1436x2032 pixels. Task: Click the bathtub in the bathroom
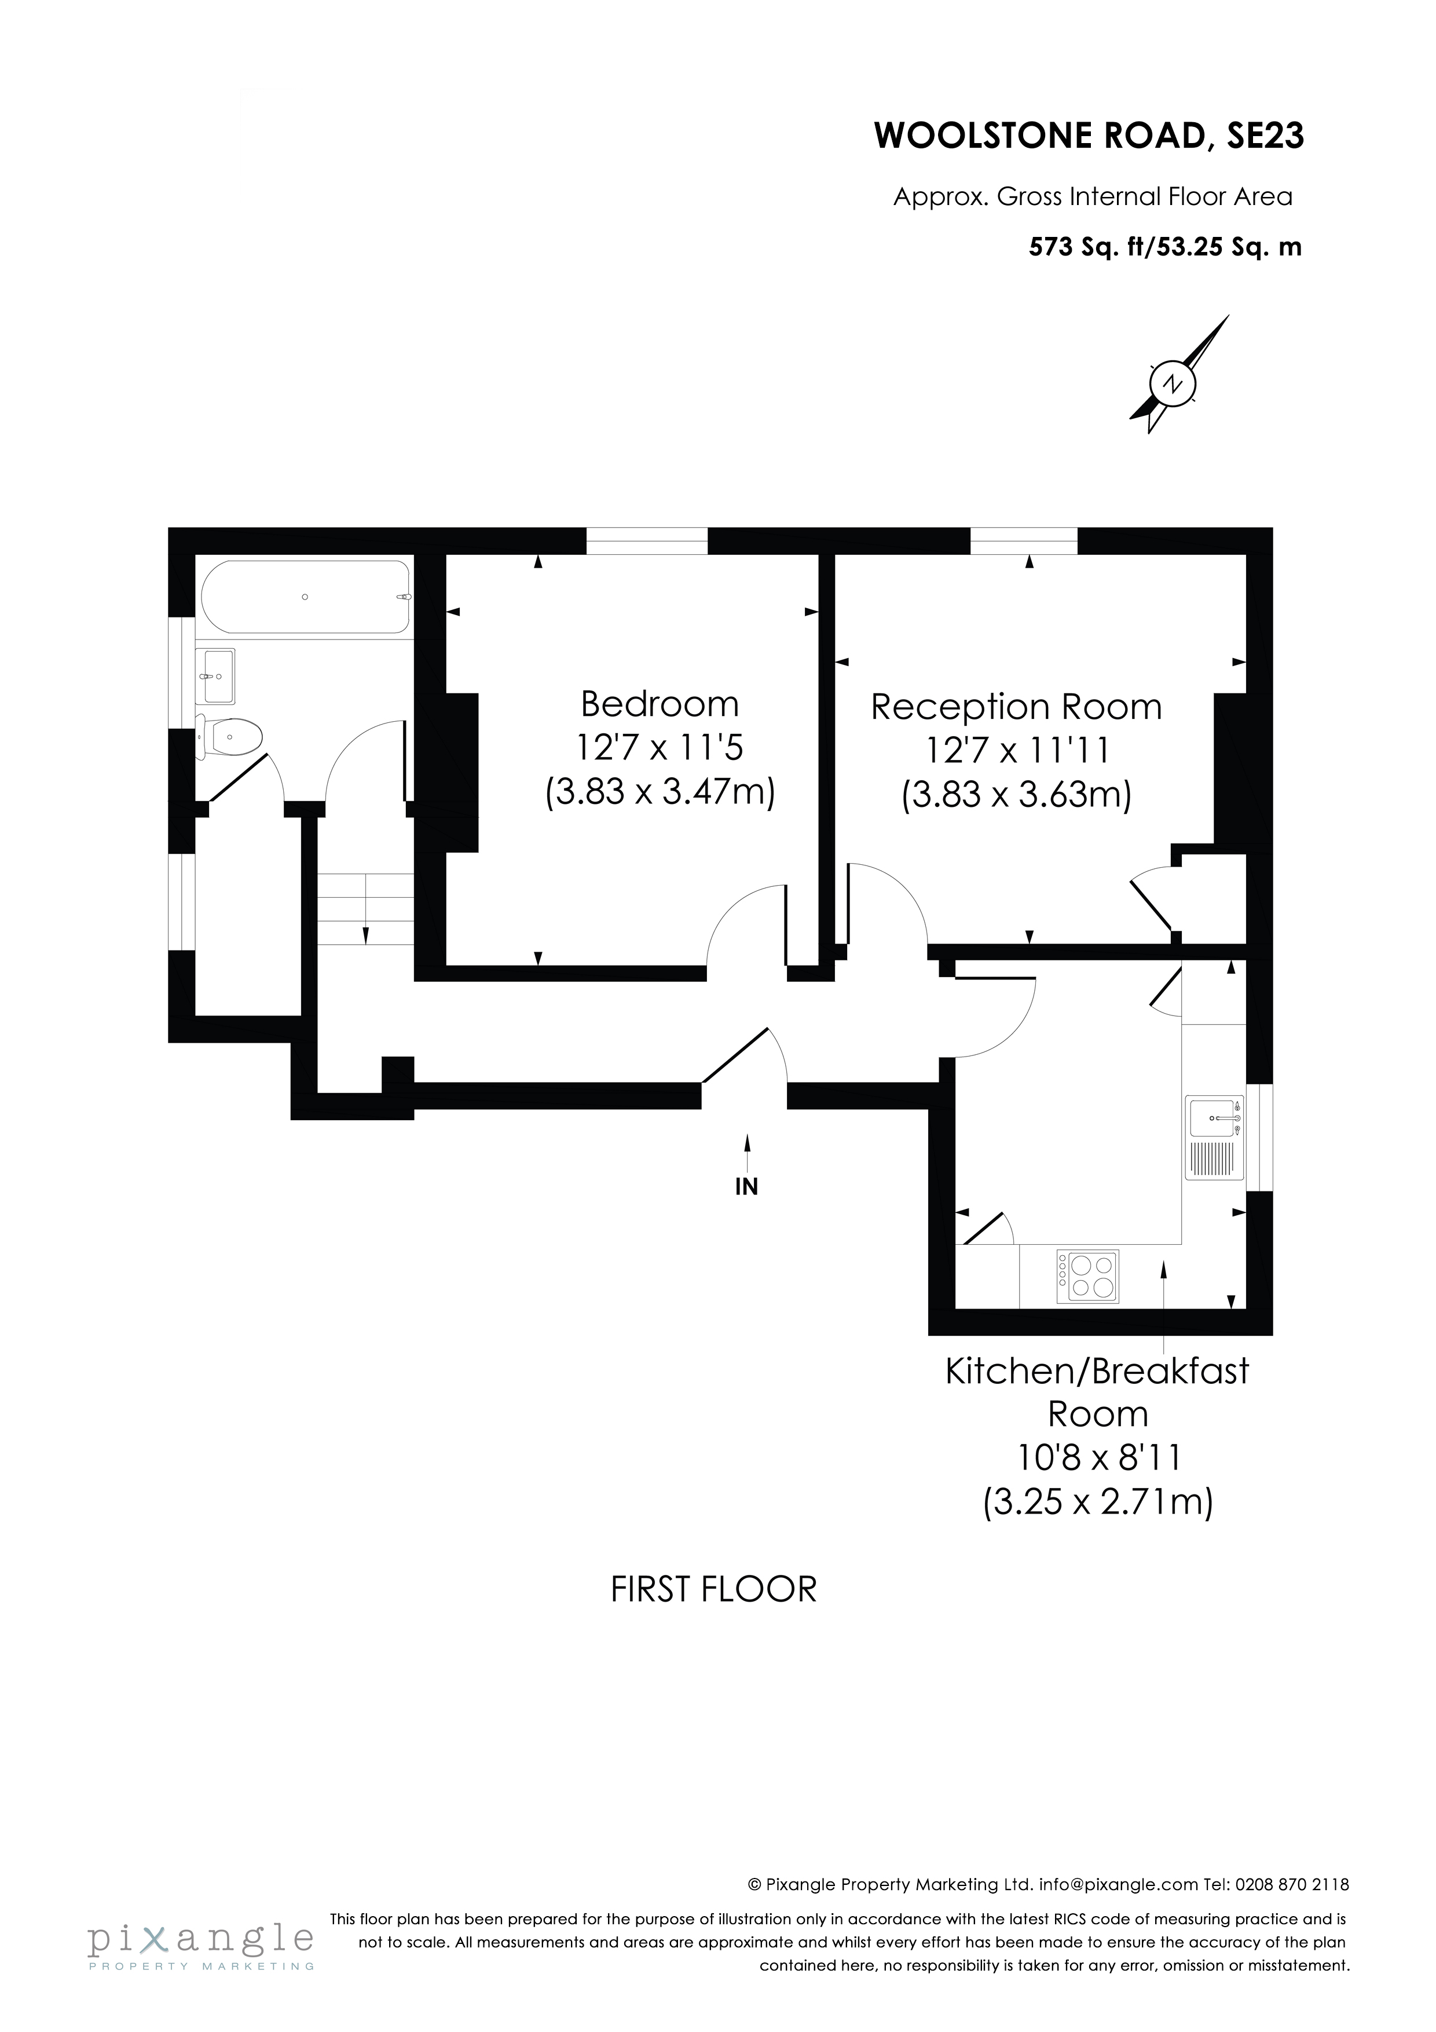(305, 597)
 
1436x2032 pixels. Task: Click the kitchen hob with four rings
(1088, 1276)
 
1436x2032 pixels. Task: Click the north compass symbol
(1173, 383)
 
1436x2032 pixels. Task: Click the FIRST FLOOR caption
(713, 1589)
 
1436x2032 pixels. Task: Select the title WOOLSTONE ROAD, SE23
(1088, 136)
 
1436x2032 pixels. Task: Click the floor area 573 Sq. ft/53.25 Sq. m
(1164, 247)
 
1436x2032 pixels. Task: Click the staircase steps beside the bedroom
(365, 909)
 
